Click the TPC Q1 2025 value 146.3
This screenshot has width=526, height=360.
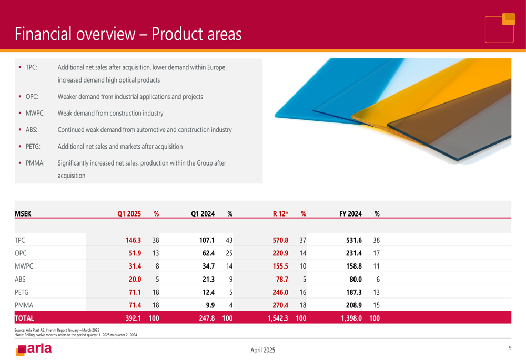[133, 240]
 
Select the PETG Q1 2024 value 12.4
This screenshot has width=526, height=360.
[208, 292]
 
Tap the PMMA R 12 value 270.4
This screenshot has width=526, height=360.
[280, 305]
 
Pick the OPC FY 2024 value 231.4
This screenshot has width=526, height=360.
[353, 253]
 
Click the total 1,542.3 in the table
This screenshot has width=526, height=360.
[278, 318]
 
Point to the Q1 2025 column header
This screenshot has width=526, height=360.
[129, 214]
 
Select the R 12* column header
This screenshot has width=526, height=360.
[280, 214]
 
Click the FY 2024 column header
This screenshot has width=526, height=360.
[350, 214]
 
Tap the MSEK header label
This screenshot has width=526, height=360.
[23, 214]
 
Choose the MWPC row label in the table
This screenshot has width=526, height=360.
[24, 266]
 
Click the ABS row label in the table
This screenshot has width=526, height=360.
[20, 279]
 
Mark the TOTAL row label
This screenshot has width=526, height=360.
[24, 318]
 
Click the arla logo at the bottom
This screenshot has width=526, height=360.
[34, 349]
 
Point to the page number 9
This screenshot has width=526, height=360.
[510, 348]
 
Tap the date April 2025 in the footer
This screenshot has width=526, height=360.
[262, 351]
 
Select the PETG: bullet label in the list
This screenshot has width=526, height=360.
[33, 147]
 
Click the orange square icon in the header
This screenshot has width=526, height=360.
[509, 19]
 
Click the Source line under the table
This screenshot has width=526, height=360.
[57, 330]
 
